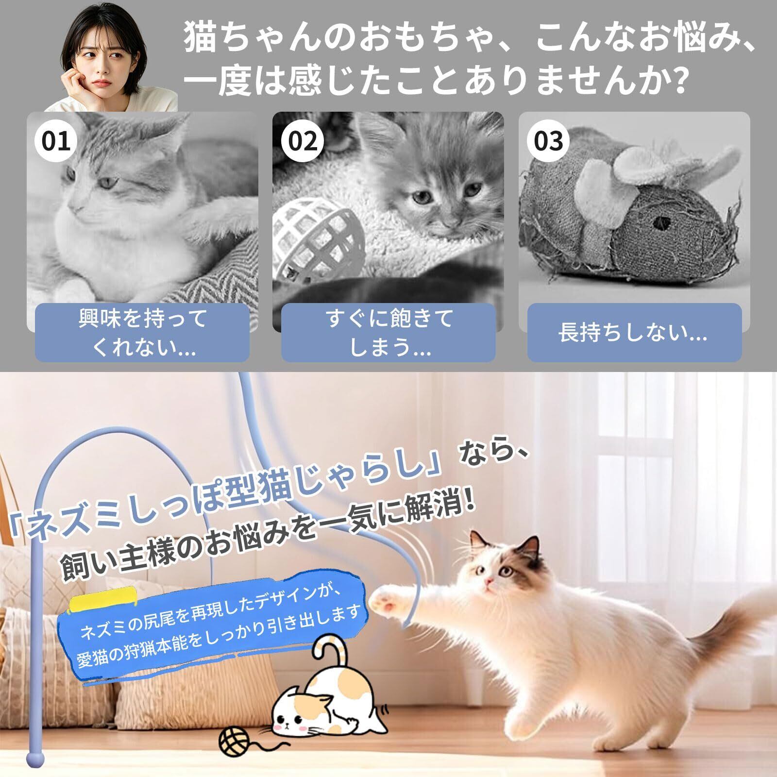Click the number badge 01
click(x=56, y=140)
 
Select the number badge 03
click(x=548, y=140)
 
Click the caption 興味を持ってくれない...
click(x=143, y=333)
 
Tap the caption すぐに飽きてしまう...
click(x=389, y=333)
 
